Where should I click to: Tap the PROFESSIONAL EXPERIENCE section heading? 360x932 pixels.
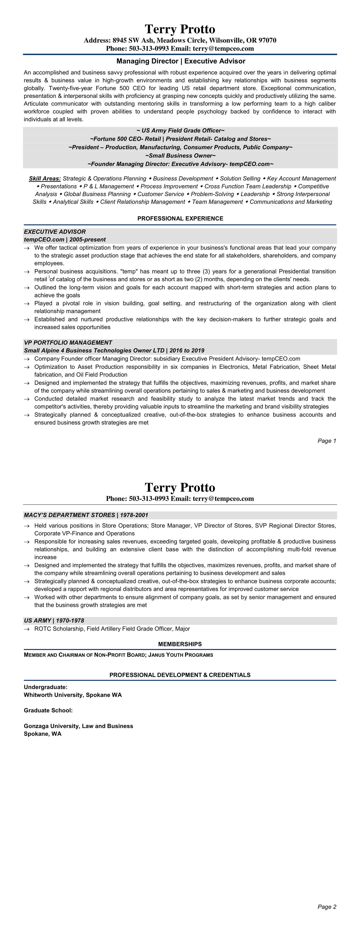[x=180, y=219]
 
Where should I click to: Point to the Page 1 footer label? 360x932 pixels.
[x=327, y=441]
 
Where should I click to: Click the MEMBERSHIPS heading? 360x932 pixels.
[x=180, y=644]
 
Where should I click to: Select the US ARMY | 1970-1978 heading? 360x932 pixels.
[x=54, y=620]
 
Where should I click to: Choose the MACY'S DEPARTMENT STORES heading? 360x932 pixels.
[x=86, y=515]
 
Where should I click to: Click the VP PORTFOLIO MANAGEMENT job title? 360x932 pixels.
[x=68, y=343]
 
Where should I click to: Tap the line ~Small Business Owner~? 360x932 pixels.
[x=180, y=155]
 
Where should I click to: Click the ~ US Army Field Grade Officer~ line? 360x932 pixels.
[x=180, y=131]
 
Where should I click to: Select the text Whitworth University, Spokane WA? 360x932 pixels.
[x=73, y=695]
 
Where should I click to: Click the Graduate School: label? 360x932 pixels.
[x=48, y=710]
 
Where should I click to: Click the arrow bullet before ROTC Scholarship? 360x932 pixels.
[x=26, y=629]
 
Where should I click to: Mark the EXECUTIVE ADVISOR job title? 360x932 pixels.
[x=55, y=232]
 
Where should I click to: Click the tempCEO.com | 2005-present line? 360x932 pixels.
[x=65, y=240]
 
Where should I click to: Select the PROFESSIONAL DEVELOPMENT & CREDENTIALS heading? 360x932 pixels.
[x=180, y=675]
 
